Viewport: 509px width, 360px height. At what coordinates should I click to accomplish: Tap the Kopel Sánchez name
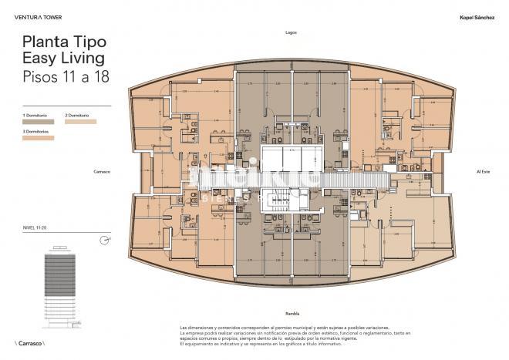tap(476, 15)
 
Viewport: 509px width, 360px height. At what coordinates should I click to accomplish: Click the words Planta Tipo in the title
tap(64, 42)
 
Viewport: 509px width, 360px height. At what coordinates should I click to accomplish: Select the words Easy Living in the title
tap(63, 59)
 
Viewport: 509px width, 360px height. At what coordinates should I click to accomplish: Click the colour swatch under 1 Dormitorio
tap(38, 122)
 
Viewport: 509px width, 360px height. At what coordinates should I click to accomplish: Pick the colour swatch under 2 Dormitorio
tap(81, 122)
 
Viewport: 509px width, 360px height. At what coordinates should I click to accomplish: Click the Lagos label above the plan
tap(291, 33)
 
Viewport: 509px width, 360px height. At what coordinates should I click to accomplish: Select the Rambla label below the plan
tap(292, 314)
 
